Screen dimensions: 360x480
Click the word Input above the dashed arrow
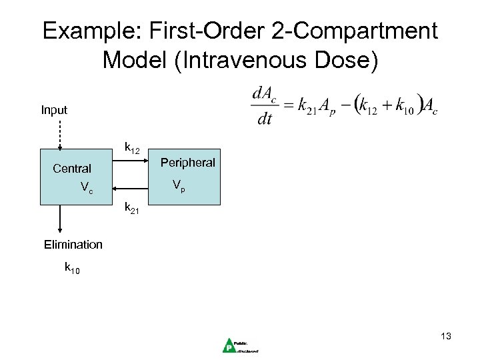pyautogui.click(x=54, y=109)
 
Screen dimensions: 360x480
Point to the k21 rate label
pyautogui.click(x=132, y=209)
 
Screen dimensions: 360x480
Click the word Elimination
pyautogui.click(x=73, y=245)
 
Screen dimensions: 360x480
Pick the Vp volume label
pyautogui.click(x=178, y=185)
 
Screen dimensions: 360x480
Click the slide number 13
pyautogui.click(x=445, y=337)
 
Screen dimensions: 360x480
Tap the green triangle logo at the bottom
pyautogui.click(x=229, y=344)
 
